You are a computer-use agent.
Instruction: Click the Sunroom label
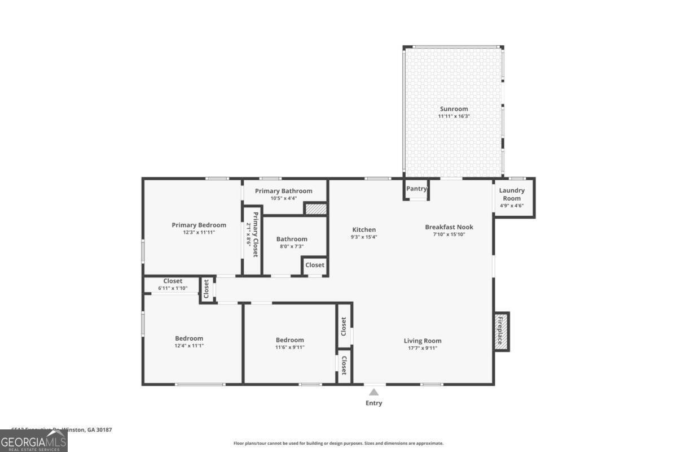(454, 108)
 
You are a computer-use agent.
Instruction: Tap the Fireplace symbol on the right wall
(501, 331)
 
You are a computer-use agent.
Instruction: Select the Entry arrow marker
(373, 393)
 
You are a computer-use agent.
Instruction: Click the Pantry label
(416, 189)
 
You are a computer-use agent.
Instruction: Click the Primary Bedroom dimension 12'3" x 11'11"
(199, 232)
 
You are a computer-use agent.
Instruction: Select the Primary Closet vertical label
(255, 234)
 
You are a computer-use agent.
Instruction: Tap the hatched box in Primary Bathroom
(316, 208)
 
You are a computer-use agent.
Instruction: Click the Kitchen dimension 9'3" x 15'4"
(364, 237)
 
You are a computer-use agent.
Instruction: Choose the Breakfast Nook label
(449, 227)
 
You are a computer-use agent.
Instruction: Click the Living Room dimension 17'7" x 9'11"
(422, 348)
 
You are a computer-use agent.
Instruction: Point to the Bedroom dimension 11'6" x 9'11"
(289, 347)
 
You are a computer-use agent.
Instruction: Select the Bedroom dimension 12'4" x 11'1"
(188, 345)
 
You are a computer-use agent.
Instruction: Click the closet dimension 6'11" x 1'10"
(173, 288)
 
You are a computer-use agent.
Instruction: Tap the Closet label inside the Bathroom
(315, 265)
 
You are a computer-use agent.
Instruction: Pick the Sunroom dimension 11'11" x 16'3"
(454, 116)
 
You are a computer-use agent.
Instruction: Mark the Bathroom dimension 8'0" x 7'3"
(291, 246)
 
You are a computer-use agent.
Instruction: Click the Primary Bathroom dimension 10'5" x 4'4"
(283, 198)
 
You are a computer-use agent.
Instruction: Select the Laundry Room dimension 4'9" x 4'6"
(512, 206)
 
